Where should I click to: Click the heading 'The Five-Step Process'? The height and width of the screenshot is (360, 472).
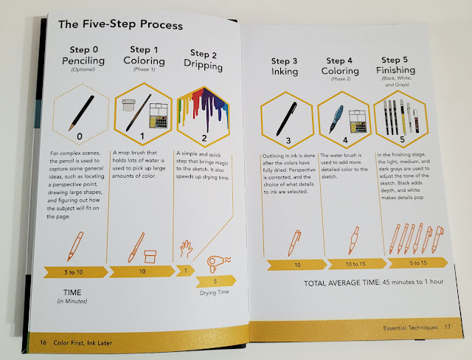120,24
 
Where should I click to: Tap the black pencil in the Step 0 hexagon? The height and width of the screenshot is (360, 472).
81,113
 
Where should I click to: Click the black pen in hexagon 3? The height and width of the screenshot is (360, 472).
287,119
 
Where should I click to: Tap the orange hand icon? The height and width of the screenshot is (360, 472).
187,249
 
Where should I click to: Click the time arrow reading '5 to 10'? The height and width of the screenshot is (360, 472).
75,272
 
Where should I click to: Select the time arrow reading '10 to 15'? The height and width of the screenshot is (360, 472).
357,264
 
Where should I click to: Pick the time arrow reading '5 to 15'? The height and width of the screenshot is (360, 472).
418,263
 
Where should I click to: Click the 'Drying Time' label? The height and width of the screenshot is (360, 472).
215,292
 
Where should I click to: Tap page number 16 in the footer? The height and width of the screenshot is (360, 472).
44,342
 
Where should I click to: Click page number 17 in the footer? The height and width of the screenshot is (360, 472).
448,327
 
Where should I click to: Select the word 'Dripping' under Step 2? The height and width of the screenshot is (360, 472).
204,65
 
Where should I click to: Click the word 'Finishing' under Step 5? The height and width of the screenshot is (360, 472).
395,70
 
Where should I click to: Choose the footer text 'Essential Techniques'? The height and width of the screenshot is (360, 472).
410,328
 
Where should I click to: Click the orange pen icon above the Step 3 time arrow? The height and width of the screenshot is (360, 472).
294,243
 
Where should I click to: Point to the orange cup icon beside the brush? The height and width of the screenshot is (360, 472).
150,257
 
